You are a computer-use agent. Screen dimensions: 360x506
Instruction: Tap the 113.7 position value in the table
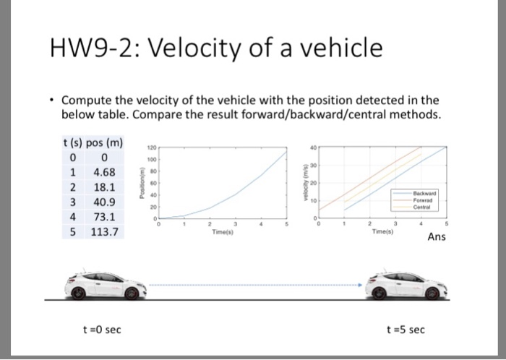[x=106, y=232]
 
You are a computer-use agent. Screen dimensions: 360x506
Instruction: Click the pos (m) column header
[x=104, y=142]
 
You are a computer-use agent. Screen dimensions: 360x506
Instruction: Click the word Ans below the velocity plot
[x=437, y=237]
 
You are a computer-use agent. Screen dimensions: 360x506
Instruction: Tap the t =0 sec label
[x=102, y=330]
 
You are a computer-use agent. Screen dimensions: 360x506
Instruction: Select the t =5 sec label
[x=406, y=330]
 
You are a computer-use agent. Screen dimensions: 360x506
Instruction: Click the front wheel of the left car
[x=132, y=292]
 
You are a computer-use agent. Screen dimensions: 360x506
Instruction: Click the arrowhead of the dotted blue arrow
[x=359, y=285]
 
